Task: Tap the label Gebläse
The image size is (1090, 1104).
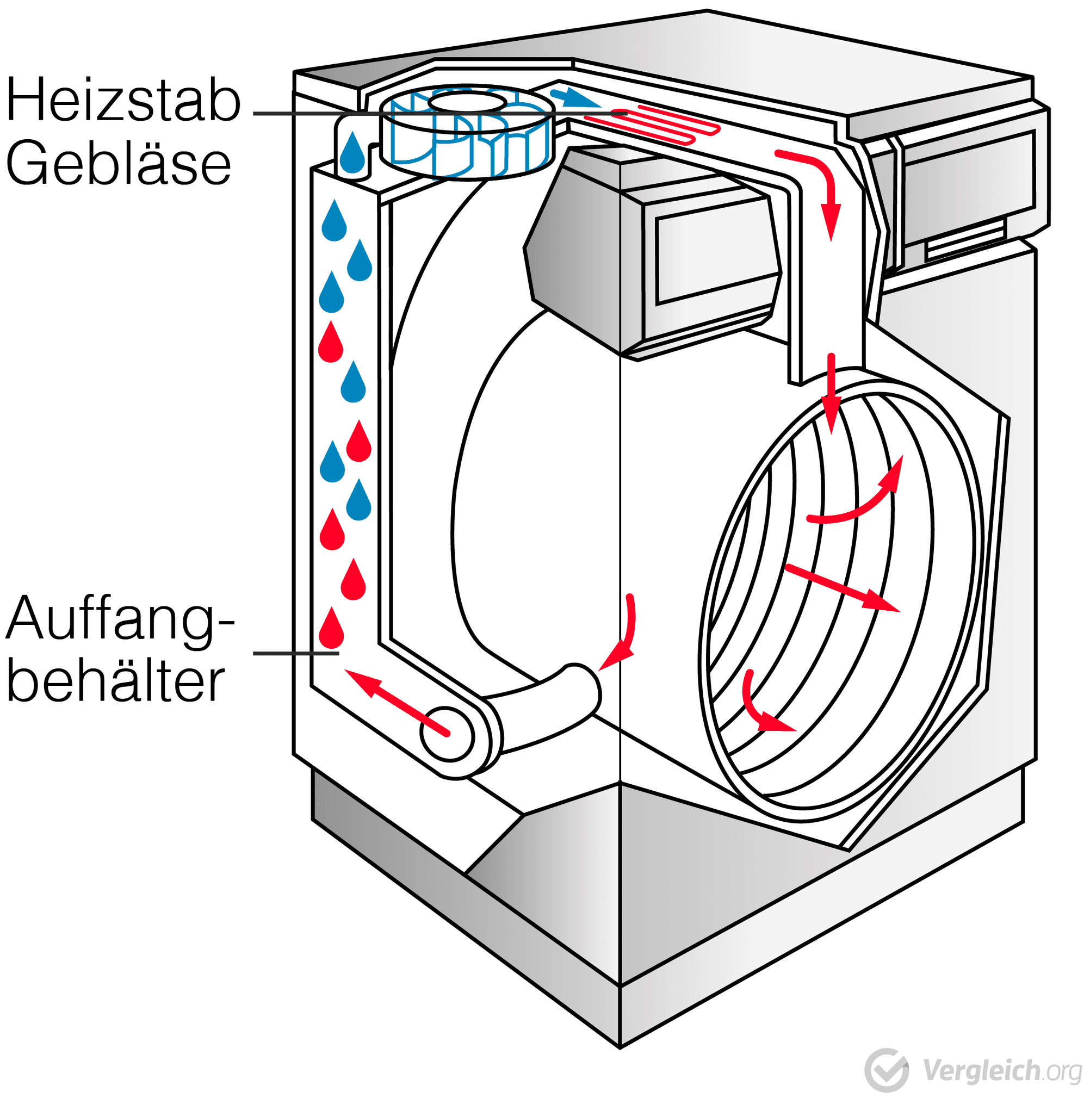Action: point(119,164)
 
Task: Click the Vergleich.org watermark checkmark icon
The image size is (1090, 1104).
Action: point(886,1070)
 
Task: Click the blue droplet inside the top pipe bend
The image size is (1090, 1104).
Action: point(352,153)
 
